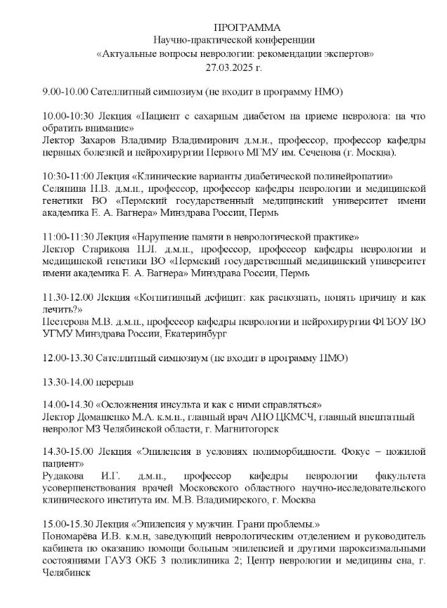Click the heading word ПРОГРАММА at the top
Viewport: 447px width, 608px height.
point(236,27)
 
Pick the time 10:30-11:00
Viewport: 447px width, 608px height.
point(67,176)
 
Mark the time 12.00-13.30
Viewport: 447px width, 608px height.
point(68,358)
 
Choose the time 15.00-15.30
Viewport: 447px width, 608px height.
point(67,525)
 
